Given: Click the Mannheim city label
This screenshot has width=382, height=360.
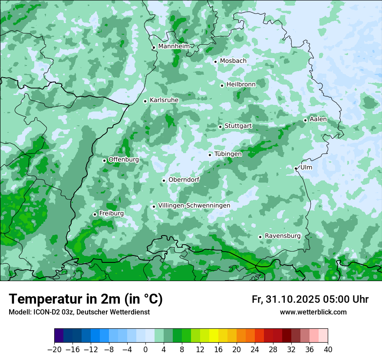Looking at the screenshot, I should [x=174, y=46].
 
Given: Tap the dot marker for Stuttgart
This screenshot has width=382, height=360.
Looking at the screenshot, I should [x=221, y=127].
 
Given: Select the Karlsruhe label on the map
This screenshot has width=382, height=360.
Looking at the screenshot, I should [x=164, y=100].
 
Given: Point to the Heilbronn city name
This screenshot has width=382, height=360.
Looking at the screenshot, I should [x=241, y=84].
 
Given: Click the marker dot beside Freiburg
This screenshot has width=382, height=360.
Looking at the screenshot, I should [x=95, y=214].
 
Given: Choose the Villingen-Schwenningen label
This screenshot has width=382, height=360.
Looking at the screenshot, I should [x=194, y=206].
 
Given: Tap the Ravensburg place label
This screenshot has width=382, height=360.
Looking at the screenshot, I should [x=283, y=236].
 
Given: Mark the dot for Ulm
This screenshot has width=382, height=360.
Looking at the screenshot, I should [x=296, y=168].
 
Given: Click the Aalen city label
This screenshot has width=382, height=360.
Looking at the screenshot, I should [x=318, y=119].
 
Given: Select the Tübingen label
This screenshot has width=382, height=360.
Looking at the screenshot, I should [x=228, y=154].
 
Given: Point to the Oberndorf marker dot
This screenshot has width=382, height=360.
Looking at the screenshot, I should [x=164, y=180].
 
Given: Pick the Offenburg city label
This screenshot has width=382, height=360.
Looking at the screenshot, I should [x=124, y=160].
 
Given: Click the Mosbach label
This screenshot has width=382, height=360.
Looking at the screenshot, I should [x=233, y=61].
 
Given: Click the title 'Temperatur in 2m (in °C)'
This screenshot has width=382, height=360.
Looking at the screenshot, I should [x=86, y=299].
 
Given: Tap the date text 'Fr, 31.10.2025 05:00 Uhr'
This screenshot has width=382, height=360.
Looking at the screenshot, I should [x=310, y=299].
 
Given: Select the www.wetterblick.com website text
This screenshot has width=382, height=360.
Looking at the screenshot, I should [x=313, y=312].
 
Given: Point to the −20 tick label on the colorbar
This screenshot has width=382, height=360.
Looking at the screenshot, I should [x=54, y=350].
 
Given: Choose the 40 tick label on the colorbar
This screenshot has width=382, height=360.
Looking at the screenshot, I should [x=328, y=350].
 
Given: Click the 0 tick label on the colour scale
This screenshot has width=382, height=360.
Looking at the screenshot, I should [x=145, y=350].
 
